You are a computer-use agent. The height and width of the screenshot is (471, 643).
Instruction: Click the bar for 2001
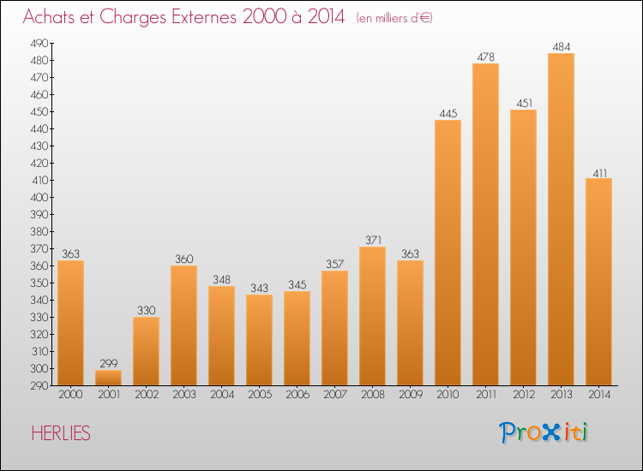coord(108,378)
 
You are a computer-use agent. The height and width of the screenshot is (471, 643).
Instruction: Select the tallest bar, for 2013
coord(561,219)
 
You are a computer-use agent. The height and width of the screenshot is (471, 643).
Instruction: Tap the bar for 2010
coord(448,253)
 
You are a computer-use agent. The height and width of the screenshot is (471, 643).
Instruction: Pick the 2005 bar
coord(259,340)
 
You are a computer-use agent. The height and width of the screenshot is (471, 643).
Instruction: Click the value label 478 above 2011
coord(485,57)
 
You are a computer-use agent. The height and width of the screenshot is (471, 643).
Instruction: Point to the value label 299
coord(108,363)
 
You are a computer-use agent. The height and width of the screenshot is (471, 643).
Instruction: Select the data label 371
coord(373,240)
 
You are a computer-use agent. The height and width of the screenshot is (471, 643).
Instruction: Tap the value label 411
coord(599,173)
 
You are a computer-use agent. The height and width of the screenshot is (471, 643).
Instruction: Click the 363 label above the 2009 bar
coord(410,254)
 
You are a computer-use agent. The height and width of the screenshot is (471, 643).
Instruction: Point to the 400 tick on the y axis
coord(39,198)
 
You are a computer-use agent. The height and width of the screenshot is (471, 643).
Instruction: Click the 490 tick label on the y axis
coord(39,44)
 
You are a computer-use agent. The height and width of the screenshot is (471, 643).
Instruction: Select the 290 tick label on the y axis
coord(39,386)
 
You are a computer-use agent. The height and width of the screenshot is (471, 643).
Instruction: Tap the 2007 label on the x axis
coord(335,395)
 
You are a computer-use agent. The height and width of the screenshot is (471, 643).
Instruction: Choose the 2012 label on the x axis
coord(524,395)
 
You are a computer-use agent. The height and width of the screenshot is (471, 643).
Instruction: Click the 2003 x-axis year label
coord(184,395)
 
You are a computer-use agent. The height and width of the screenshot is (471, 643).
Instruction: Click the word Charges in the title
coord(133,17)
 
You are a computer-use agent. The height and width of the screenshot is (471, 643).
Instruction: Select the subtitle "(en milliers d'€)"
coord(394,18)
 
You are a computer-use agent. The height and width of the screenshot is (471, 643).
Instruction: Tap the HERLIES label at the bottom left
coord(61,433)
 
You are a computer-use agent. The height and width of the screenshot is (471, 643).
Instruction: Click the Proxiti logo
coord(544,433)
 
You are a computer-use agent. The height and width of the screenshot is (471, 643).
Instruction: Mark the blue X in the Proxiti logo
coord(552,433)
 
